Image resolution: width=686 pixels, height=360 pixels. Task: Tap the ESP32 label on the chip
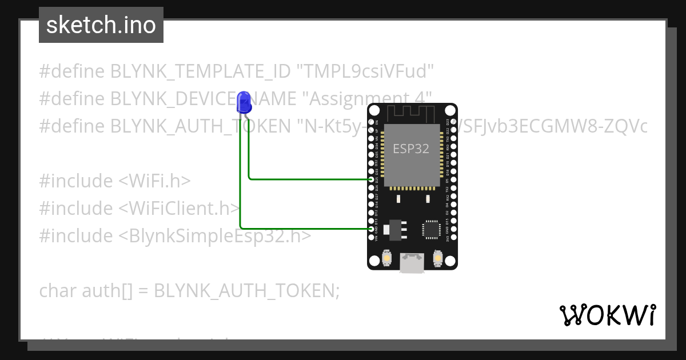[411, 149]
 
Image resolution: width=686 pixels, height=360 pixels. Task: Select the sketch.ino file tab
[101, 25]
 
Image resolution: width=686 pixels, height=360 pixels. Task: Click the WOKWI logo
[607, 315]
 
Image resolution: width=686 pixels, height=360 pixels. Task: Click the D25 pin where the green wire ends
[372, 179]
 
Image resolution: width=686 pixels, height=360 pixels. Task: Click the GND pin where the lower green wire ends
[372, 229]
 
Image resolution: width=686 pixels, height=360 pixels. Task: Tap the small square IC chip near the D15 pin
[430, 229]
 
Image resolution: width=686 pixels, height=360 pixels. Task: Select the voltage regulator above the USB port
[394, 229]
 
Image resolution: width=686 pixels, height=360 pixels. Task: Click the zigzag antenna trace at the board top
[412, 113]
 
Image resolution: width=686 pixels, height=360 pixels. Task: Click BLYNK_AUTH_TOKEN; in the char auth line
[247, 291]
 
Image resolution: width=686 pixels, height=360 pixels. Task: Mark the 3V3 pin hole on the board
[453, 237]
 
